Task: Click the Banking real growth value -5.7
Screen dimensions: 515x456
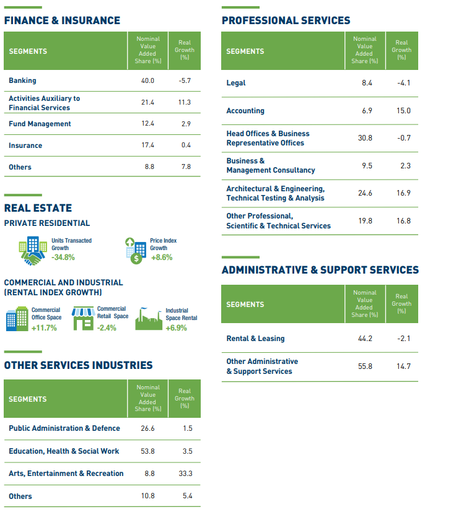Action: point(184,80)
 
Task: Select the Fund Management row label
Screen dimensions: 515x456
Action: point(40,124)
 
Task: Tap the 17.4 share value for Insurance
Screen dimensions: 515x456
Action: point(147,145)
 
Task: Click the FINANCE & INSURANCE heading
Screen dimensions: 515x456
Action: point(62,20)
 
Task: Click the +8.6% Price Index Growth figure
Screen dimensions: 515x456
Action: point(162,257)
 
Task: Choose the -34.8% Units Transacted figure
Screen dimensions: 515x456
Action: point(63,257)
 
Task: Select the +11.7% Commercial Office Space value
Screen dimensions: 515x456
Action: point(44,328)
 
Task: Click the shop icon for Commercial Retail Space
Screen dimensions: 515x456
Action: point(82,318)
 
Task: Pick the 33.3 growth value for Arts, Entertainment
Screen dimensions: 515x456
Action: point(185,474)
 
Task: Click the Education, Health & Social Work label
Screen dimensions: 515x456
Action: point(64,451)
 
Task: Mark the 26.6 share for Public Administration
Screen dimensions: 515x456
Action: point(147,428)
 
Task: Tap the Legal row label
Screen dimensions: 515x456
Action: point(236,83)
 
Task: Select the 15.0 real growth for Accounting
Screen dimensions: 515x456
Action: point(403,111)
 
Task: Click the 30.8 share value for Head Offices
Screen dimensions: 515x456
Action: point(365,138)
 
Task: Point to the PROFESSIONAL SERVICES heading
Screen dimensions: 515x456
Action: point(286,20)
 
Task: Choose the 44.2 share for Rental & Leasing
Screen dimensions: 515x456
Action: point(365,339)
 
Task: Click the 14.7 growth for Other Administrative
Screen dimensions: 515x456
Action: point(403,366)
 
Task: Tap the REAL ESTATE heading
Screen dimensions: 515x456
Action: point(38,208)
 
